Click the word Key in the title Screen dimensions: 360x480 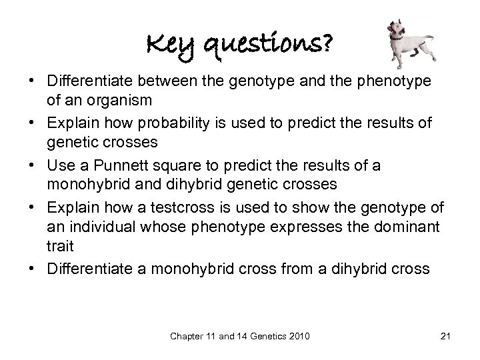click(x=163, y=47)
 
